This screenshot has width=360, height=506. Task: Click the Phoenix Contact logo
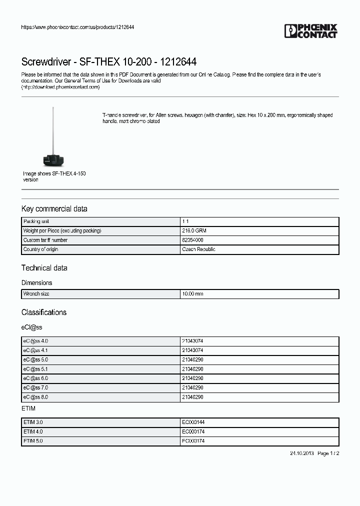(310, 31)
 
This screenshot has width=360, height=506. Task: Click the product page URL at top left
(77, 27)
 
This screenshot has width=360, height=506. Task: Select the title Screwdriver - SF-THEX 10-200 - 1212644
(108, 62)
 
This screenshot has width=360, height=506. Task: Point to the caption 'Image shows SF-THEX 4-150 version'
(54, 176)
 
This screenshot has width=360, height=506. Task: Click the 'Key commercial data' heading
(54, 208)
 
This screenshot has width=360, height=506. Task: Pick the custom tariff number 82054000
(192, 240)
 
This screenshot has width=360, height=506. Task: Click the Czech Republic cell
(198, 249)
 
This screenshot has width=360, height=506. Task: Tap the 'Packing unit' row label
(36, 221)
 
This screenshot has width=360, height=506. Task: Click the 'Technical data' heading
(44, 268)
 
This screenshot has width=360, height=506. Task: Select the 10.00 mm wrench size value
(192, 294)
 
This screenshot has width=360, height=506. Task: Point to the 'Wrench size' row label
(36, 294)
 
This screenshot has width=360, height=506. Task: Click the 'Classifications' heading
(43, 312)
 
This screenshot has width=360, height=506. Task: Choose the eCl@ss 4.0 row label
(35, 341)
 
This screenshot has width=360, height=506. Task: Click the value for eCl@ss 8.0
(192, 397)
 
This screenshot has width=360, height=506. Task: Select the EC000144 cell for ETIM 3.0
(193, 422)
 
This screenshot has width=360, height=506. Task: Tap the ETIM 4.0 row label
(33, 431)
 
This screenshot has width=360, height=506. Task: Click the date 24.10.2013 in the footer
(301, 453)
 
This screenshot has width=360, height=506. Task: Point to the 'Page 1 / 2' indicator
(328, 453)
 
